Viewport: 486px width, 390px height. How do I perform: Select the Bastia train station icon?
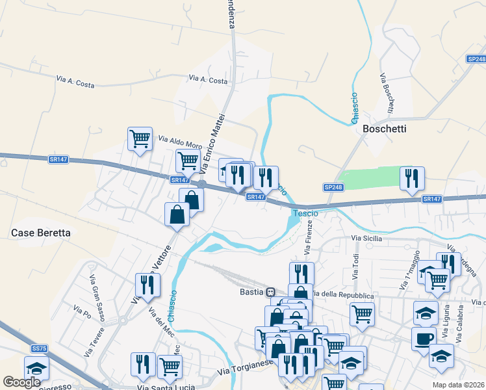270,292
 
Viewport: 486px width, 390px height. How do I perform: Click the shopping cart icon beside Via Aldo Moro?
139,138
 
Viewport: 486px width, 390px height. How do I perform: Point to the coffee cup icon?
424,339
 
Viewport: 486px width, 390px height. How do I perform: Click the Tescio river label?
305,213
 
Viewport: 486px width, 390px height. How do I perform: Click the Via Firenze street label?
309,237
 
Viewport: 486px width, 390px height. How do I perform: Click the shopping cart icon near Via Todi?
362,314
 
